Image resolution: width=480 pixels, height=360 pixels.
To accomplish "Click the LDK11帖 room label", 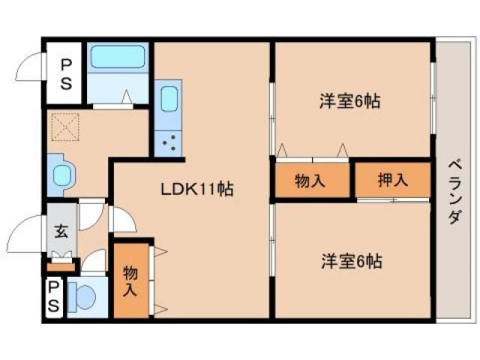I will [197, 190].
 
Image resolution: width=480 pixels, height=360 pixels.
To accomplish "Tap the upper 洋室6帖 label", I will [349, 101].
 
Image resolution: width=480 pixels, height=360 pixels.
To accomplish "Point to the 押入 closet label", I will [391, 180].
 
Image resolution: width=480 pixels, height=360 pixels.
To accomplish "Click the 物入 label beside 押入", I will [310, 180].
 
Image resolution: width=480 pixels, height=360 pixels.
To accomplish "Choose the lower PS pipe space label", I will [53, 298].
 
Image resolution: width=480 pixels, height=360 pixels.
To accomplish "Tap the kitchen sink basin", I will [169, 99].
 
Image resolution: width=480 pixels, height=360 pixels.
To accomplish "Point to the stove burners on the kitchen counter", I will [169, 140].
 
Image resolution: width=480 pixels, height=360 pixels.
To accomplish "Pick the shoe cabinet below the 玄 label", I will [61, 263].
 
